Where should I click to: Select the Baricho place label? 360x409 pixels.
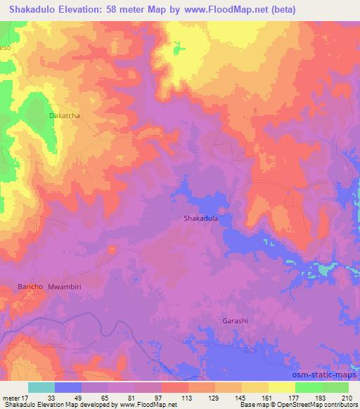click(31, 287)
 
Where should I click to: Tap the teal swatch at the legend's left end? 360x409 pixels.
click(41, 387)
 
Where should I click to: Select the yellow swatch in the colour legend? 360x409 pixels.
click(281, 387)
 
